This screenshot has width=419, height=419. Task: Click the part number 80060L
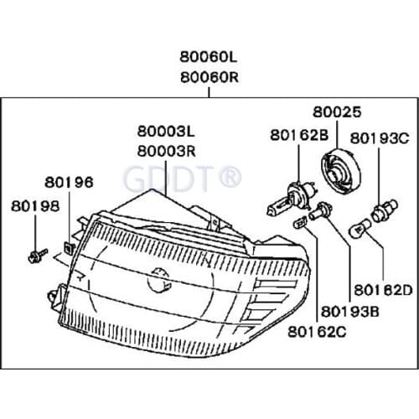(209, 57)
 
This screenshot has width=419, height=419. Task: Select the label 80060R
(209, 77)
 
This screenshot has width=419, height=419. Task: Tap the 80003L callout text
(166, 132)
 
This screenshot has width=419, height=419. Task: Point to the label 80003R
(167, 152)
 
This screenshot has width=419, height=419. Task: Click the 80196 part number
(69, 182)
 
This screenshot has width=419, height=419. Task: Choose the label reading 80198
(35, 206)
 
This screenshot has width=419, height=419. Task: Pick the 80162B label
(299, 135)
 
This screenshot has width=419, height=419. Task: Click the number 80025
(337, 111)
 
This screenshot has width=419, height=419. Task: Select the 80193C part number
(380, 138)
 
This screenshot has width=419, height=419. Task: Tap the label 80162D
(383, 290)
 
